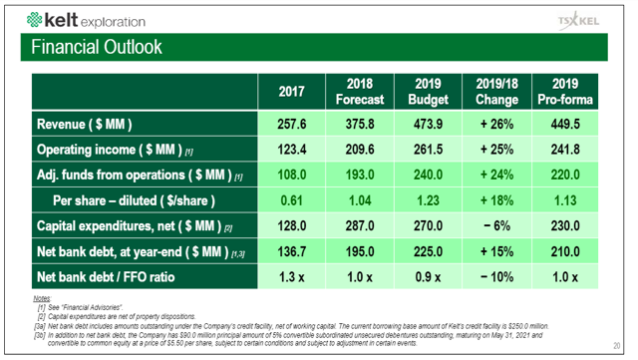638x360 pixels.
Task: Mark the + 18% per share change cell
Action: [x=496, y=199]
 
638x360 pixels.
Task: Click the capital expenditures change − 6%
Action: [x=496, y=224]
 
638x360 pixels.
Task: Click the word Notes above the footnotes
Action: [x=42, y=298]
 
